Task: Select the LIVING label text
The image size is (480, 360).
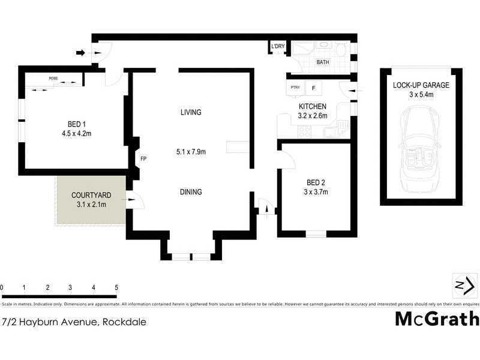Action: (190, 112)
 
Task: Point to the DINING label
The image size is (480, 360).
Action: (190, 192)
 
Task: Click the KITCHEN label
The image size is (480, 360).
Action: (313, 107)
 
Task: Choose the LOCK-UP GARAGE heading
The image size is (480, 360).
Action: (421, 85)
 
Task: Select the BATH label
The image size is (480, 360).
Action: (323, 62)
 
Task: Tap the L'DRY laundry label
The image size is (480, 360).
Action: (277, 47)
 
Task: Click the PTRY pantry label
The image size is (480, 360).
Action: (295, 88)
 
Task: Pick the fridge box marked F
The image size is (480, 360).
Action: (313, 88)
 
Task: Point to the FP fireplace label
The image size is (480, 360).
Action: (143, 159)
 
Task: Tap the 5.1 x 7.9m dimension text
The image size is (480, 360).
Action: (190, 152)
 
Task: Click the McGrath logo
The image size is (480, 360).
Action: (436, 319)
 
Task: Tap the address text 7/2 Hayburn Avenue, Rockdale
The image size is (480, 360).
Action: (74, 322)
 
